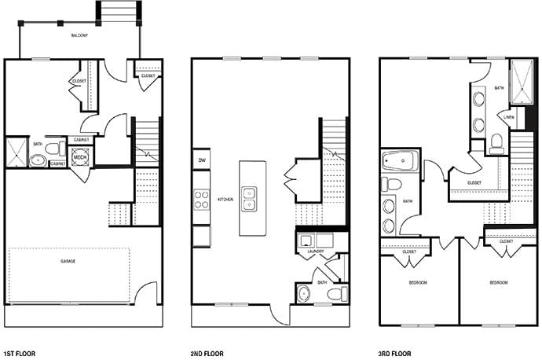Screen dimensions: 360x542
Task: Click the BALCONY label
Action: pyautogui.click(x=79, y=35)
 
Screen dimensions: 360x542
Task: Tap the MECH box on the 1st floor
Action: pyautogui.click(x=80, y=156)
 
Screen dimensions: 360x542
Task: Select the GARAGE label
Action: pyautogui.click(x=68, y=260)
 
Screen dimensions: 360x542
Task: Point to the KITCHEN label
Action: pyautogui.click(x=225, y=200)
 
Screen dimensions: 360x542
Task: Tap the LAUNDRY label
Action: pyautogui.click(x=317, y=252)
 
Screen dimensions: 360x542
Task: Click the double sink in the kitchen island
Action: pyautogui.click(x=251, y=199)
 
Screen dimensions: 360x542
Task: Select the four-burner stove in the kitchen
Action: pyautogui.click(x=201, y=200)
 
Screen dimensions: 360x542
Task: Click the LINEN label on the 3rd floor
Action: pyautogui.click(x=508, y=117)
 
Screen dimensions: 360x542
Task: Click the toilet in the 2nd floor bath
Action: pyautogui.click(x=335, y=294)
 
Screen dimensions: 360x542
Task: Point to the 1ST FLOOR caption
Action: pyautogui.click(x=20, y=354)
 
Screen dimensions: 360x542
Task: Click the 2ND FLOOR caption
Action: pyautogui.click(x=208, y=354)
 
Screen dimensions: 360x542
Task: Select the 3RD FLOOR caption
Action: pyautogui.click(x=397, y=354)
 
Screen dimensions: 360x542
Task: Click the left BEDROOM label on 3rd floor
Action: pyautogui.click(x=417, y=282)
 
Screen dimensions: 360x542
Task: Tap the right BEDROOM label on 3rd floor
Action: pyautogui.click(x=498, y=282)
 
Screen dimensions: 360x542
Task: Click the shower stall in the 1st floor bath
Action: pyautogui.click(x=16, y=152)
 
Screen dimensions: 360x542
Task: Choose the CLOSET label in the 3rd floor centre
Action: pyautogui.click(x=474, y=182)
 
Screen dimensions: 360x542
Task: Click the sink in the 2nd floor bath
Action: pyautogui.click(x=305, y=294)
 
